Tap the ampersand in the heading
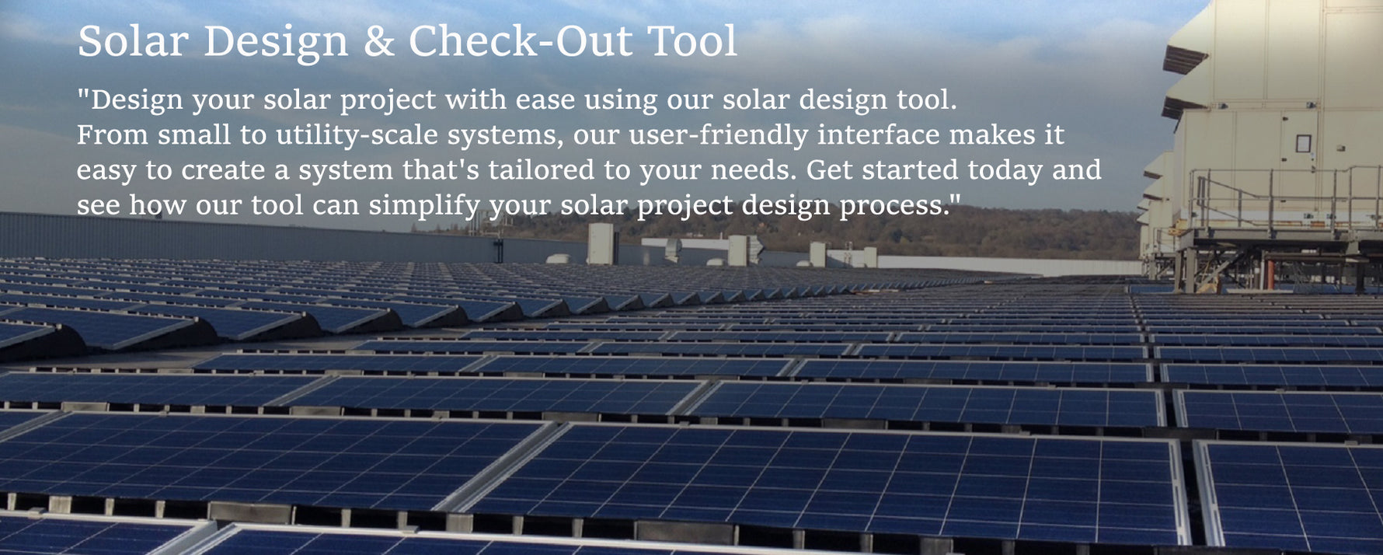pos(378,42)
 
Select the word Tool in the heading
pos(692,41)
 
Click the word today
pos(1005,170)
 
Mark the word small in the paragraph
pos(194,135)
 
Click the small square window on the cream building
pos(1303,143)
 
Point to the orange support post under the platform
pos(1269,274)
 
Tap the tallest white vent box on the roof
pos(602,243)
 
